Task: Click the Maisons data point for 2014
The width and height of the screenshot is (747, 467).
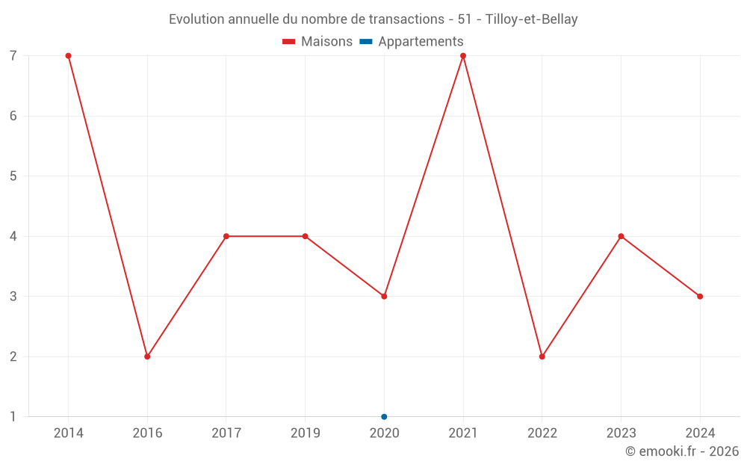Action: point(68,56)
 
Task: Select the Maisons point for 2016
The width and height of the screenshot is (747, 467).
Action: point(147,356)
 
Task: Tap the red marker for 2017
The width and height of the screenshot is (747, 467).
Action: point(226,236)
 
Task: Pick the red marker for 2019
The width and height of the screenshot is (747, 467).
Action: point(305,236)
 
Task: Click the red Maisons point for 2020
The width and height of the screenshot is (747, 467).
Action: point(384,297)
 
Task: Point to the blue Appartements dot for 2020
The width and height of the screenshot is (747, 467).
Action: point(384,416)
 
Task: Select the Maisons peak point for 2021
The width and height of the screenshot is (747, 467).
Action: point(463,56)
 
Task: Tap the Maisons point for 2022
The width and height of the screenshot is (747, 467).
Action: point(542,356)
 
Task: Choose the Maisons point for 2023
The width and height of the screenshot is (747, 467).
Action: point(621,236)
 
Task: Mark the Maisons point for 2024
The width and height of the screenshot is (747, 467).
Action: point(700,297)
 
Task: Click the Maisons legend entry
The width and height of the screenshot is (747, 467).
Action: point(317,42)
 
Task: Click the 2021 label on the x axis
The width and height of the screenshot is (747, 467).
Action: point(463,433)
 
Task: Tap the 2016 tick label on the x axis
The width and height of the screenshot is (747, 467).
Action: point(147,433)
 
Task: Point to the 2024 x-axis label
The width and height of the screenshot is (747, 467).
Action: point(700,433)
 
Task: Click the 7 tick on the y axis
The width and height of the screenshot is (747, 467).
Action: point(13,56)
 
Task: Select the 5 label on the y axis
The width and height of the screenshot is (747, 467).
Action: point(13,176)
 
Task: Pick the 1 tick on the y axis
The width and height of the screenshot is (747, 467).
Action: point(13,416)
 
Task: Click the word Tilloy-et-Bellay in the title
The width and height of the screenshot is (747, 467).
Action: point(531,19)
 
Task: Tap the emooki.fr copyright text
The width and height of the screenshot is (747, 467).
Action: point(682,451)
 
